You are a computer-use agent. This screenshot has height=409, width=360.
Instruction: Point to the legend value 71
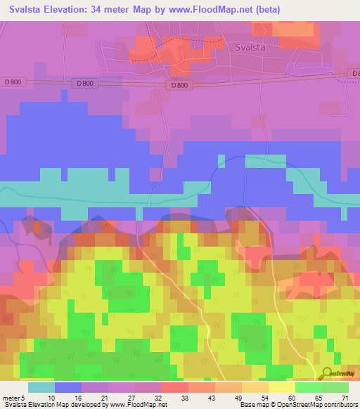coord(344,398)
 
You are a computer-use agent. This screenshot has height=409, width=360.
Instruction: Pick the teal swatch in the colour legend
coord(41,387)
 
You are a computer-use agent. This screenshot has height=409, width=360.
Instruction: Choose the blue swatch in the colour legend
coord(68,387)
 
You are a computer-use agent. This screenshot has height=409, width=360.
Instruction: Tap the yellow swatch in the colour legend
coord(281,387)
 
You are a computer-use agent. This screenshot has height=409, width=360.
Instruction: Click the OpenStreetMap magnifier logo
coord(326,373)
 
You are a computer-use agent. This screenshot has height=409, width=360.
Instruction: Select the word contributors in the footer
coord(338,405)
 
